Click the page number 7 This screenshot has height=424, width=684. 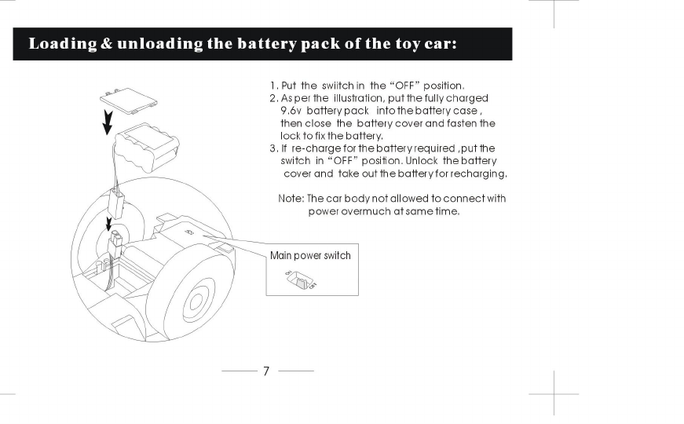(266, 371)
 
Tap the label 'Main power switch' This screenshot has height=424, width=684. (310, 255)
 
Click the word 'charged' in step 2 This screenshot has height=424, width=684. (468, 98)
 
